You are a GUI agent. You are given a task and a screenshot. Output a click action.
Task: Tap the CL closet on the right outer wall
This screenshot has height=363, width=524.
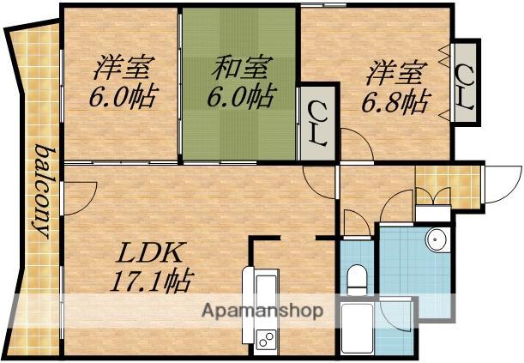pos(466,86)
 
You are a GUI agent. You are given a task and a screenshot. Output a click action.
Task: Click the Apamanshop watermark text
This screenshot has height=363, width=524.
pos(262,311)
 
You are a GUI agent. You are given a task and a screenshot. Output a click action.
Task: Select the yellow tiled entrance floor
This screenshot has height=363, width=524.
pos(447,185)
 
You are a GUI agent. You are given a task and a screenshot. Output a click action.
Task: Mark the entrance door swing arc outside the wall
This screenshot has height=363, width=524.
pos(497,182)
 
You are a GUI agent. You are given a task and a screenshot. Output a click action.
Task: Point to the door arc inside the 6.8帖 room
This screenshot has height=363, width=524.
pos(355,142)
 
